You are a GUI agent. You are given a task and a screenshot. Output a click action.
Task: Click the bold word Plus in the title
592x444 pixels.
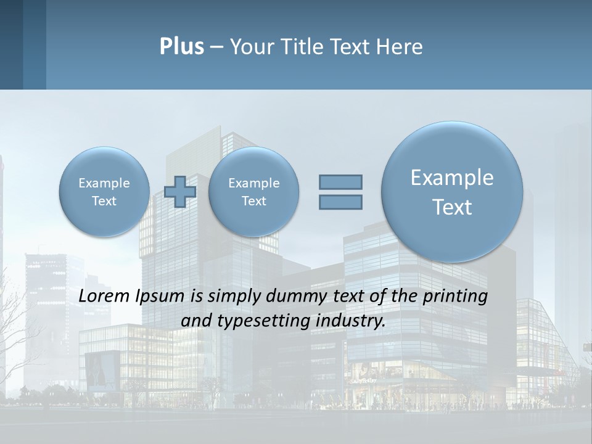point(181,47)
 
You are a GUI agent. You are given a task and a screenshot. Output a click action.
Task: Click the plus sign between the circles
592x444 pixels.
point(180,192)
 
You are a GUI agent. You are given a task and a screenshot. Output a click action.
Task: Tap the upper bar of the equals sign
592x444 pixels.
point(340,182)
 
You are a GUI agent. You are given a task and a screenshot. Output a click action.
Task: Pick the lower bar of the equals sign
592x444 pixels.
point(340,202)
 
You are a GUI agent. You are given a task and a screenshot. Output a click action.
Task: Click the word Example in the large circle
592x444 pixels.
point(452,178)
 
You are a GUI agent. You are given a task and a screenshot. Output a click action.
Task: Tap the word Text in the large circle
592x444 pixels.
point(452,207)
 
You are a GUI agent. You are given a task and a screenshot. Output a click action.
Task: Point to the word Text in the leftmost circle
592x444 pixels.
point(104,201)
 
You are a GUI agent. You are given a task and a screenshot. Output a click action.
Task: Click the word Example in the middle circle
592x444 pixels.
point(253,183)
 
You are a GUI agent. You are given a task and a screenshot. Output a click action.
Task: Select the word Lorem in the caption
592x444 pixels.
point(105,296)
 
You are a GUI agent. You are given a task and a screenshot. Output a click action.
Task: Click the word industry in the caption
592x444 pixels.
point(354,321)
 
